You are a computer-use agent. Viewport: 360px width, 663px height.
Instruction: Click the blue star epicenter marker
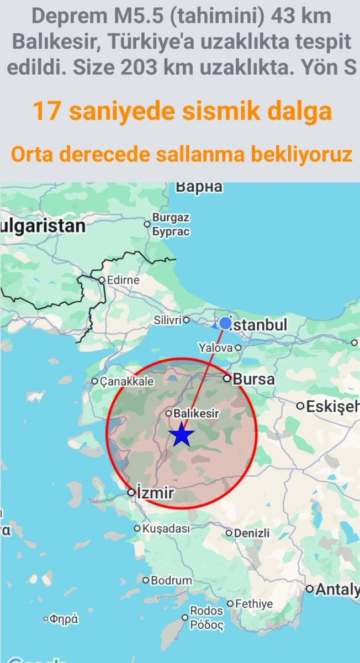coord(182,435)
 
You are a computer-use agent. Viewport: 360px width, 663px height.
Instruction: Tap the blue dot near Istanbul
coord(225,323)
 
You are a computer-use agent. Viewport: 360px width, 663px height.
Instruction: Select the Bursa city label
coord(253,380)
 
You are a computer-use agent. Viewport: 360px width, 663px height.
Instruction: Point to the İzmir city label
coord(155,493)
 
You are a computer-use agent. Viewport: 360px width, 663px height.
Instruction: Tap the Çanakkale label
coord(127,381)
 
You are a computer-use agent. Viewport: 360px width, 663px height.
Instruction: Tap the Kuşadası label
coord(166,529)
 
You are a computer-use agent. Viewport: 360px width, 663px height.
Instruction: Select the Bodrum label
coord(172,581)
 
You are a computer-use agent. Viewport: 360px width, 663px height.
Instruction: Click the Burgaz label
coord(171,218)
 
